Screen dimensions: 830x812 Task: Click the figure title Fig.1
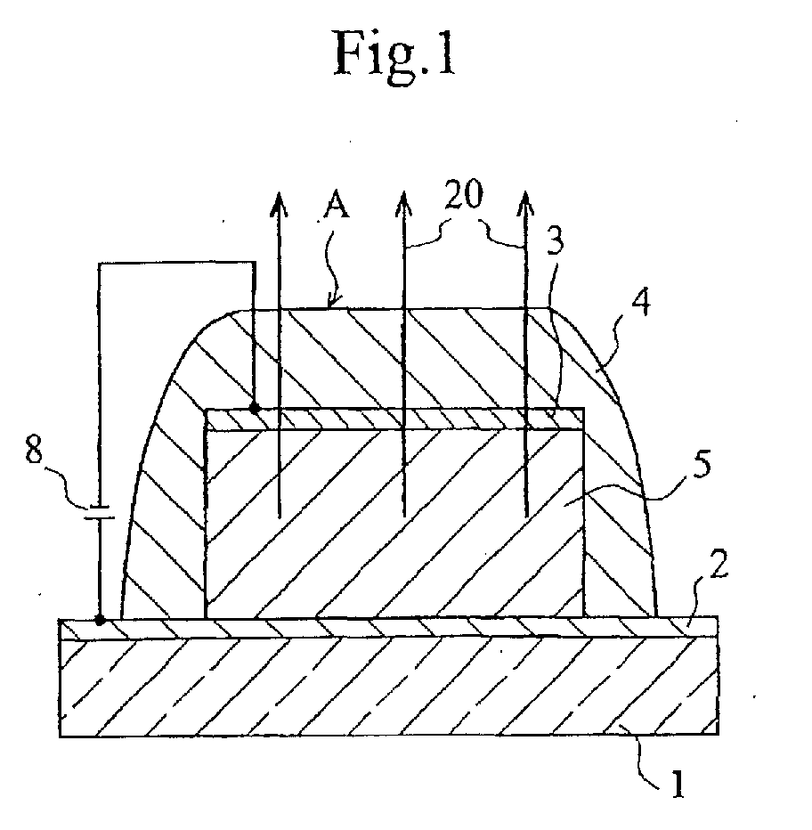coord(394,55)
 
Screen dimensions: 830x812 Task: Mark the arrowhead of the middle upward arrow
coord(402,201)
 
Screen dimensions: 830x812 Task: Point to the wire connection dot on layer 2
coord(100,619)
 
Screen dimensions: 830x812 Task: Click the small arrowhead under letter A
coord(330,304)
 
